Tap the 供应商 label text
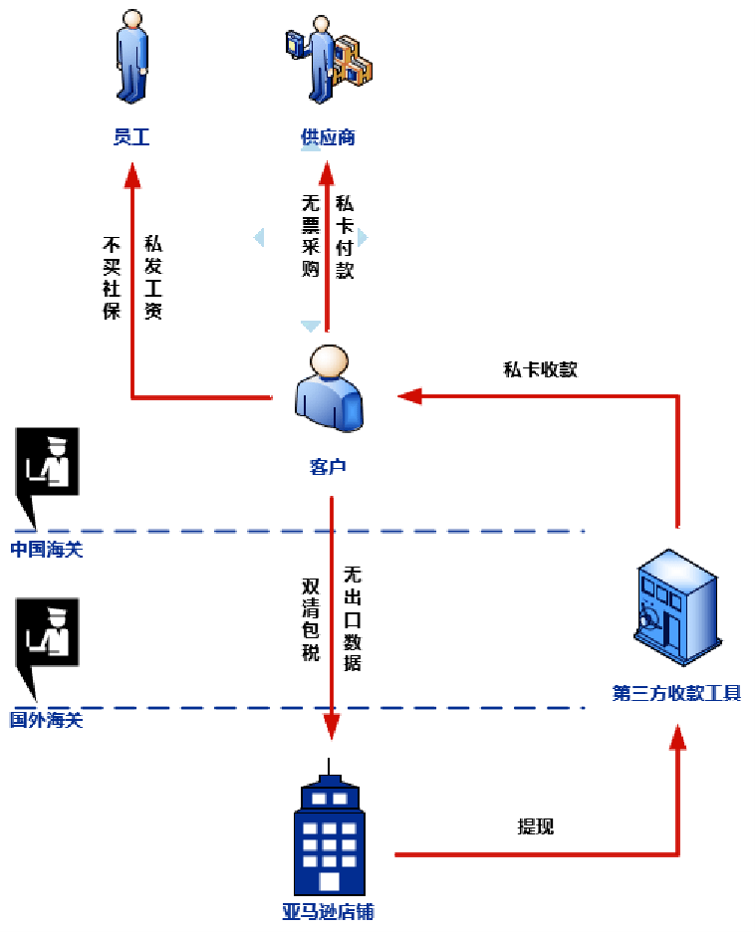[x=328, y=137]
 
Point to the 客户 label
[x=328, y=466]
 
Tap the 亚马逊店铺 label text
[x=328, y=911]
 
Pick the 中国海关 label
[x=47, y=549]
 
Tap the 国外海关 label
[x=47, y=720]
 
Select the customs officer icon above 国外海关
[x=46, y=637]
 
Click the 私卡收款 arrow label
[x=540, y=369]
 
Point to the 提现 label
[x=535, y=826]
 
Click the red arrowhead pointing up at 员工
[x=131, y=176]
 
